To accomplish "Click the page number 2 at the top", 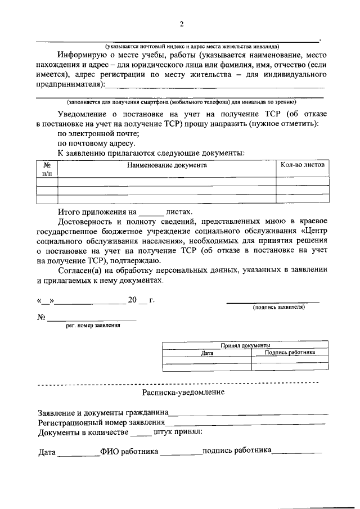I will click(182, 24).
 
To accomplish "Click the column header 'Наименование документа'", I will click(166, 165).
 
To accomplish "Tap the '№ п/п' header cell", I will click(47, 169).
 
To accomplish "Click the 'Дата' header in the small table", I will click(207, 353).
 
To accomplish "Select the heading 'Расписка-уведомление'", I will click(183, 392).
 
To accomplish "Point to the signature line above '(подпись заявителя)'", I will click(273, 302).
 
